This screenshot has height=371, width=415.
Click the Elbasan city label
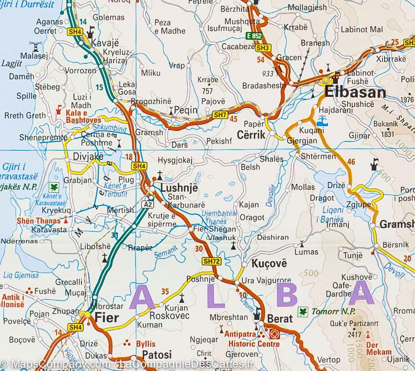click(x=355, y=92)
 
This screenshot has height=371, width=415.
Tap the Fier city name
click(x=106, y=317)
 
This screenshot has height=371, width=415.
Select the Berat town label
click(x=280, y=319)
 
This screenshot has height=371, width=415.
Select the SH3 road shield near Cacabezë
click(x=263, y=47)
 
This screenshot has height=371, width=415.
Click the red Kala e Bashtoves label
click(x=81, y=116)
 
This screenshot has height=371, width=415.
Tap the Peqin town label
click(x=186, y=111)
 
